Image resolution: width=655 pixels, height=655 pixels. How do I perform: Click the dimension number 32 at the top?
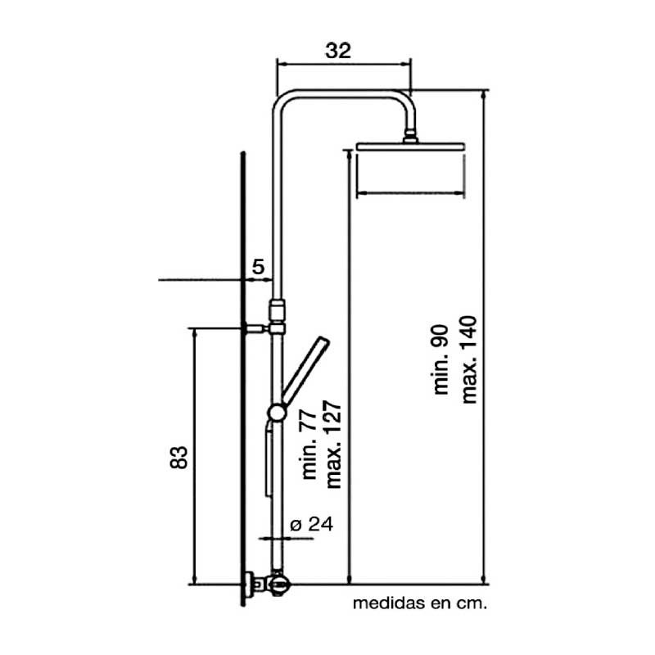(338, 51)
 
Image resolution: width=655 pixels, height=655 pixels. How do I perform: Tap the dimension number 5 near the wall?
(259, 267)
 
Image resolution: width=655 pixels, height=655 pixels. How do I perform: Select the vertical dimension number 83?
(179, 458)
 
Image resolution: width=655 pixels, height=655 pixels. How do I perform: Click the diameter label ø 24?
(312, 524)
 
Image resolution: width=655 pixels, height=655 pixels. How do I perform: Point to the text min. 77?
(309, 445)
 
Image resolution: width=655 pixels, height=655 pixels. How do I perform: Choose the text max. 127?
(334, 445)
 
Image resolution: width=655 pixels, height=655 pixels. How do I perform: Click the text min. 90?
(441, 359)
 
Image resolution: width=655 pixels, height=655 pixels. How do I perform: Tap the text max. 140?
(468, 359)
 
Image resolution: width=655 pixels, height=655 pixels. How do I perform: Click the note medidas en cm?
(420, 603)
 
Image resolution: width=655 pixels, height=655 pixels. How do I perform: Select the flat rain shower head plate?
(410, 147)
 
